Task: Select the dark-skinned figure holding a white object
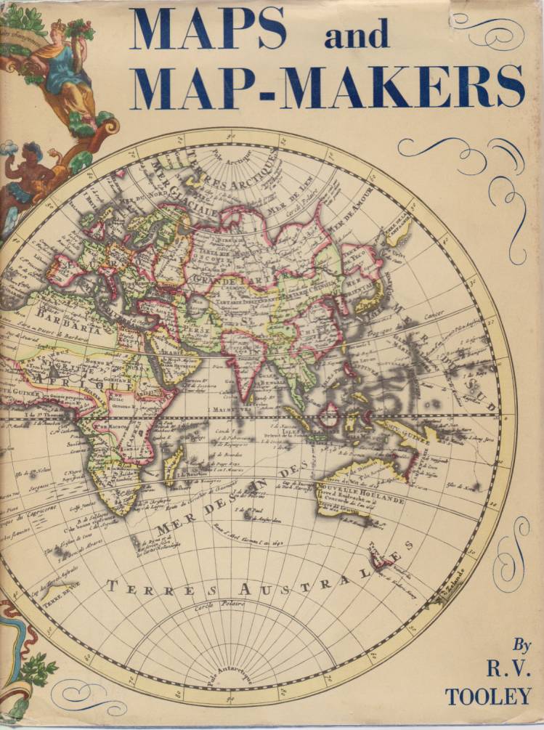[29, 178]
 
